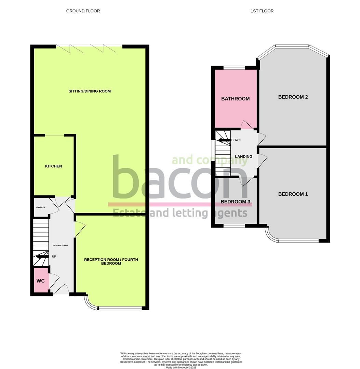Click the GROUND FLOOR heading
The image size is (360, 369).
pyautogui.click(x=83, y=11)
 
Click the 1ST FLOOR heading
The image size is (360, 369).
pyautogui.click(x=262, y=11)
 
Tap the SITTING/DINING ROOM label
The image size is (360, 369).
pyautogui.click(x=90, y=91)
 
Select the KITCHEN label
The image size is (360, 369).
pyautogui.click(x=54, y=166)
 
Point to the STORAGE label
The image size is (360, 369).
pyautogui.click(x=40, y=207)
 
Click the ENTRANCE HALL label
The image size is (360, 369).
pyautogui.click(x=60, y=246)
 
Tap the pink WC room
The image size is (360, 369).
pyautogui.click(x=41, y=281)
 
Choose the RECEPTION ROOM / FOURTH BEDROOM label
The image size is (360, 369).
pyautogui.click(x=111, y=261)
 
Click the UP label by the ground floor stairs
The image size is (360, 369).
pyautogui.click(x=54, y=256)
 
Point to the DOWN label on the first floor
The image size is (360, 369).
pyautogui.click(x=236, y=140)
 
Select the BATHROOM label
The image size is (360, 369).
pyautogui.click(x=236, y=99)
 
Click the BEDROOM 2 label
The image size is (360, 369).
pyautogui.click(x=293, y=97)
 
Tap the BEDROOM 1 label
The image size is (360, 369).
pyautogui.click(x=293, y=194)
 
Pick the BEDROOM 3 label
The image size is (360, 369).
pyautogui.click(x=236, y=202)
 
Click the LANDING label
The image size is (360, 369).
pyautogui.click(x=244, y=156)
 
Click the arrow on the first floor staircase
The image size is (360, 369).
pyautogui.click(x=224, y=140)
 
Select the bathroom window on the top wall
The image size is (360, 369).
pyautogui.click(x=234, y=67)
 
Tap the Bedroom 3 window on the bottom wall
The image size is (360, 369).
pyautogui.click(x=234, y=225)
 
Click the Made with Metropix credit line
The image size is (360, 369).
pyautogui.click(x=181, y=367)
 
